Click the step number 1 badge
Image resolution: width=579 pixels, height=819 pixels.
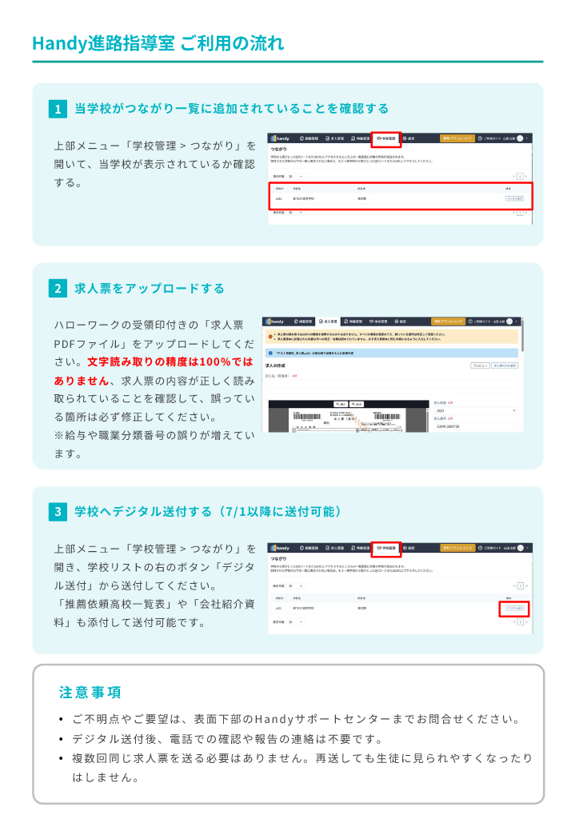click(58, 109)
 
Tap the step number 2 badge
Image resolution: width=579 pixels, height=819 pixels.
click(58, 289)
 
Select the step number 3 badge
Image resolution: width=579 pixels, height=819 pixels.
click(58, 511)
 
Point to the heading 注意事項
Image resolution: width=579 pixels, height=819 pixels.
click(90, 692)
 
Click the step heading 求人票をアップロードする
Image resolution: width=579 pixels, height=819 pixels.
click(150, 289)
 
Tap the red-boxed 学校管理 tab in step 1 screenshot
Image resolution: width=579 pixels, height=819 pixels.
click(386, 138)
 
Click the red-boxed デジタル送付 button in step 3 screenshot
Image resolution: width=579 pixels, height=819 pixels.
click(515, 609)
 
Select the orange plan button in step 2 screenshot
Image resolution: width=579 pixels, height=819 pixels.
click(447, 321)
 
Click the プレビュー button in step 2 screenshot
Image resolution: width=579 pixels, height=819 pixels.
click(480, 365)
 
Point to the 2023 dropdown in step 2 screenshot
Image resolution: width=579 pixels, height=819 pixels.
click(476, 410)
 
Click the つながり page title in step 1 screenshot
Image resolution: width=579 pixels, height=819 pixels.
click(279, 150)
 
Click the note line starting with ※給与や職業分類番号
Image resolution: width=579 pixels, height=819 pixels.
click(154, 436)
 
